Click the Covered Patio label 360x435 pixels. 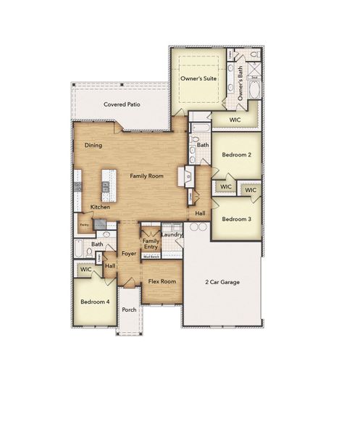[122, 104]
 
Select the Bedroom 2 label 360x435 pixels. [236, 155]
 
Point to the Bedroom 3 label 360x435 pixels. [236, 219]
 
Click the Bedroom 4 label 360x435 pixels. [95, 301]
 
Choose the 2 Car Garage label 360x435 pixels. [222, 282]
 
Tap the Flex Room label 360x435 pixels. [162, 281]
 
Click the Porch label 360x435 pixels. [129, 310]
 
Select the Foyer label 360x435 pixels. [129, 254]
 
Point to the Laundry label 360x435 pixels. [172, 234]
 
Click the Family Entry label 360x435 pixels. [151, 244]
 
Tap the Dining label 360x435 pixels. [93, 145]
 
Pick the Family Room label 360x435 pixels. [146, 175]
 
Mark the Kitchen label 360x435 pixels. [100, 207]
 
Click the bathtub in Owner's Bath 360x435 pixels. [254, 90]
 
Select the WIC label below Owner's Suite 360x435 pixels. [235, 120]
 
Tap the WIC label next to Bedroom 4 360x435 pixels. [86, 269]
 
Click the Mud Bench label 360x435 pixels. [151, 256]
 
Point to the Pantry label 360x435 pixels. [85, 225]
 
